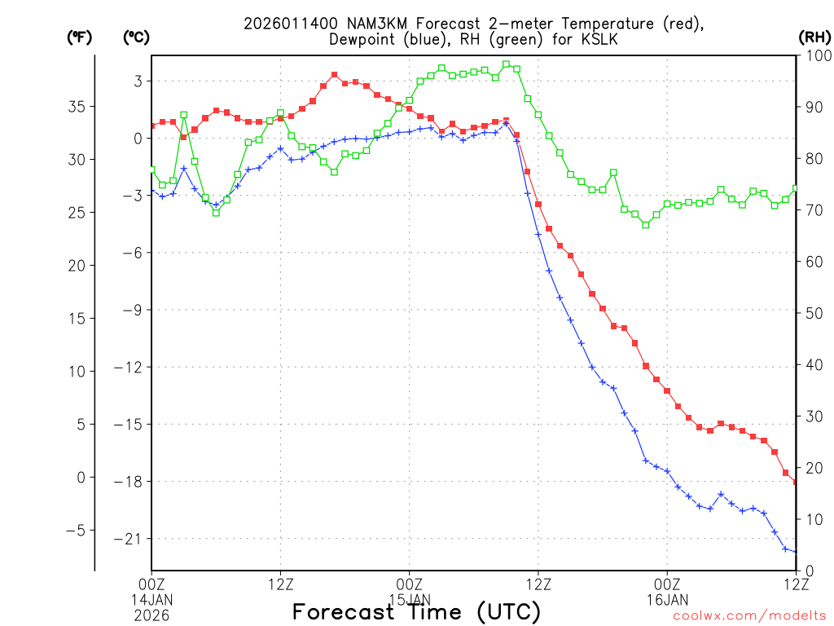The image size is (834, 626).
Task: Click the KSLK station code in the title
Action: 661,39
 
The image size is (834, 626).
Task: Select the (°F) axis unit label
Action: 79,37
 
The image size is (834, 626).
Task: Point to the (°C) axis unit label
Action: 135,37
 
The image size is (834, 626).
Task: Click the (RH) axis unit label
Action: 814,37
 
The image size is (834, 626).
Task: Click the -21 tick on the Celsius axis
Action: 132,539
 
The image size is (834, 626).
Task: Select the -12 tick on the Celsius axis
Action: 132,367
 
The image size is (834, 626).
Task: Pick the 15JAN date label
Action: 410,600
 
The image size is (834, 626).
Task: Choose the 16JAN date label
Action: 667,600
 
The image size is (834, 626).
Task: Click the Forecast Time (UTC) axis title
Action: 416,611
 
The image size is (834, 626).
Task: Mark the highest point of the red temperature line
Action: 335,75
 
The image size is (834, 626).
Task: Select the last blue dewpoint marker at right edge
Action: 795,552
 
